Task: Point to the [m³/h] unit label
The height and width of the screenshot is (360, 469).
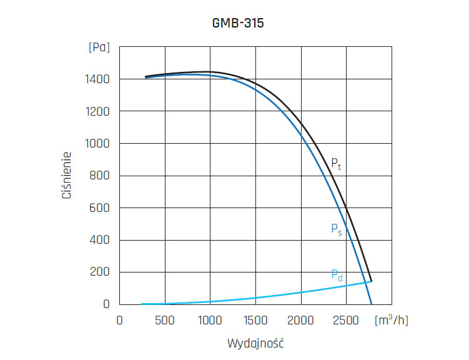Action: tap(391, 320)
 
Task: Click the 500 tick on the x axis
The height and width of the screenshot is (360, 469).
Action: tap(165, 320)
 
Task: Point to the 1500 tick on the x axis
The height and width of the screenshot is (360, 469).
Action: tap(255, 320)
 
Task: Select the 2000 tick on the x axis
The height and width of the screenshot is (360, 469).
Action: tap(301, 320)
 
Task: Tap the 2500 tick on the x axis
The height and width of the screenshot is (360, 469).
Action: tap(347, 320)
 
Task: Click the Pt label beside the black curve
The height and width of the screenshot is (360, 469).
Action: tap(336, 165)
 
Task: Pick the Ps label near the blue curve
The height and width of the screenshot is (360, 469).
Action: tap(336, 229)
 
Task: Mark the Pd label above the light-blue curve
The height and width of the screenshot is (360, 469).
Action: tap(337, 274)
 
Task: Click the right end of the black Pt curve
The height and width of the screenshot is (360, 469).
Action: tap(371, 281)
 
